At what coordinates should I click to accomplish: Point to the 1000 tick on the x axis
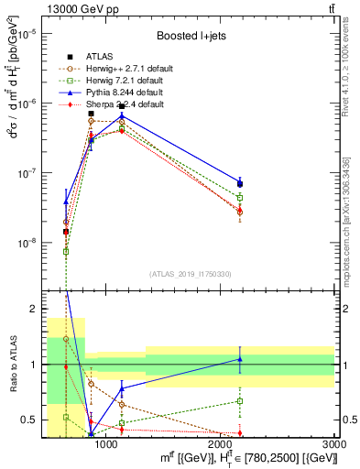(106, 444)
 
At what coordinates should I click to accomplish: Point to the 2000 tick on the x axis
(220, 444)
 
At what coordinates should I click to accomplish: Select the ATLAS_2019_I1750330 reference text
(190, 273)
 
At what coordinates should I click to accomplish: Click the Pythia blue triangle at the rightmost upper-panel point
(240, 183)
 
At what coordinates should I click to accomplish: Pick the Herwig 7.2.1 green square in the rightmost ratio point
(240, 401)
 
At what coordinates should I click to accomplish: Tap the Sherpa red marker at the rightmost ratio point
(240, 433)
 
